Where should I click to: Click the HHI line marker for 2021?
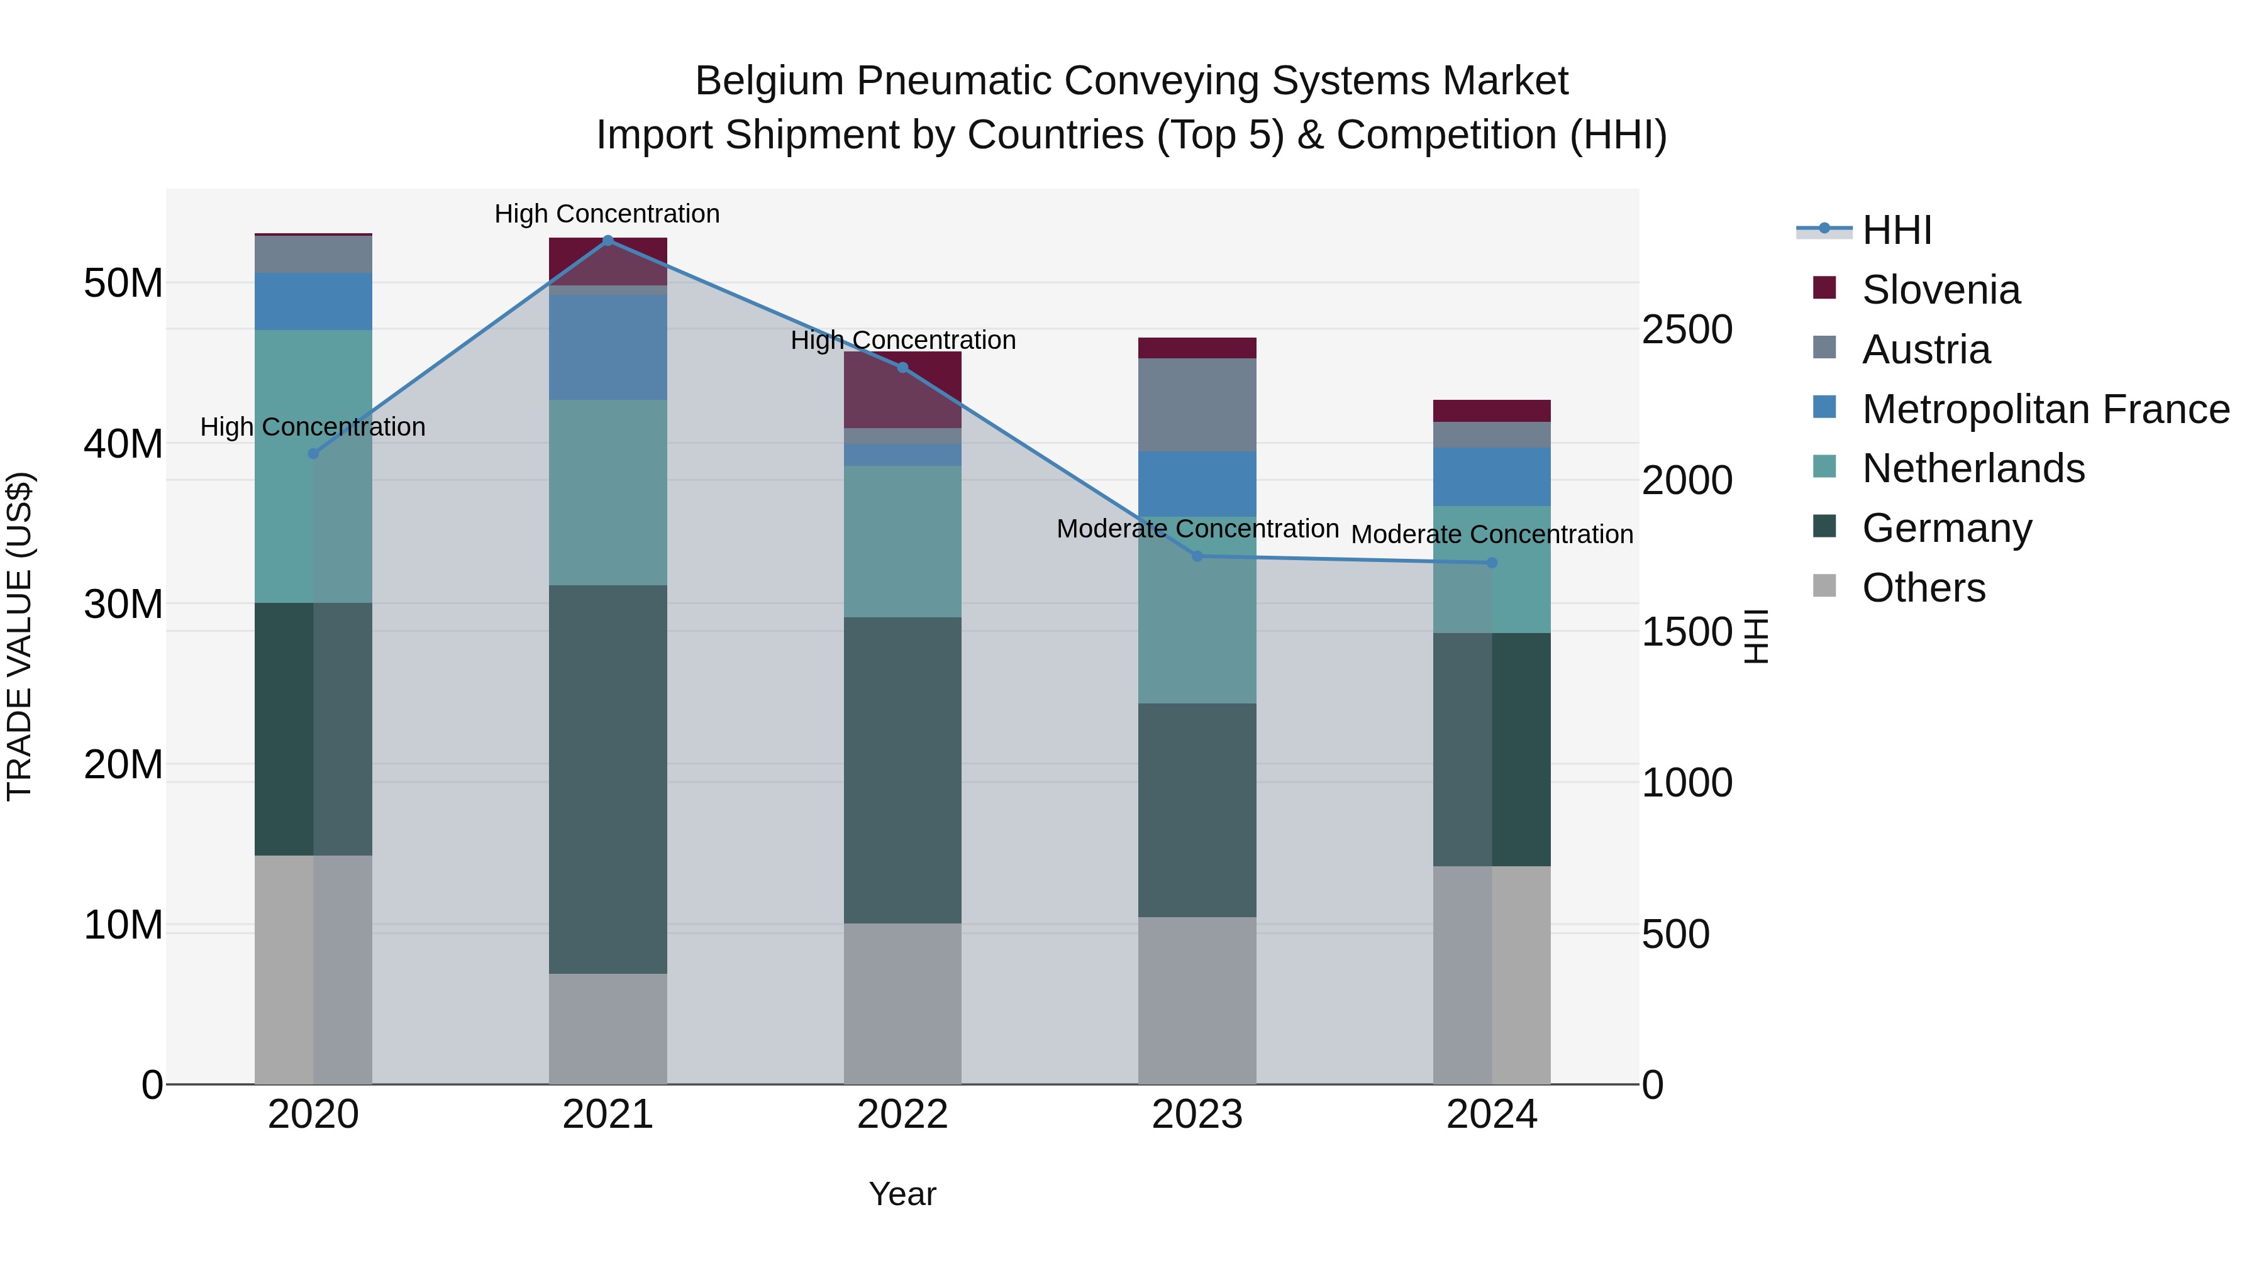pyautogui.click(x=608, y=240)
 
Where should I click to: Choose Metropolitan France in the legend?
pyautogui.click(x=2045, y=409)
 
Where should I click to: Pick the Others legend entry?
pyautogui.click(x=1923, y=588)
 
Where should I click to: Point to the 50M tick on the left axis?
pyautogui.click(x=123, y=284)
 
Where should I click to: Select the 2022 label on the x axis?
pyautogui.click(x=902, y=1115)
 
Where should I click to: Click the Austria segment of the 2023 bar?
pyautogui.click(x=1196, y=404)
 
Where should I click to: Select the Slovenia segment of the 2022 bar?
pyautogui.click(x=902, y=390)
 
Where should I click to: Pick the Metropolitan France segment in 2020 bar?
pyautogui.click(x=313, y=301)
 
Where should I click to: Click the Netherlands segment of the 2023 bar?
pyautogui.click(x=1196, y=615)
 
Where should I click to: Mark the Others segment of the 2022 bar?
pyautogui.click(x=902, y=1003)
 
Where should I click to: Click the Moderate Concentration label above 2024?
pyautogui.click(x=1492, y=534)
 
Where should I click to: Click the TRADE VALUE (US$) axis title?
pyautogui.click(x=19, y=636)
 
